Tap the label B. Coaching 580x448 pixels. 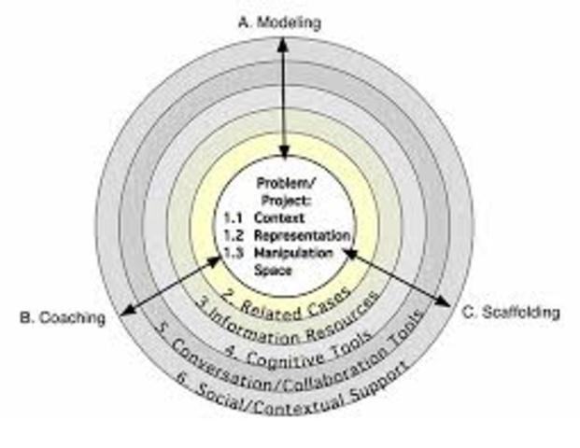pyautogui.click(x=63, y=319)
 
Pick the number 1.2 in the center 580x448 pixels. pyautogui.click(x=233, y=235)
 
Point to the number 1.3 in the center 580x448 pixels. pyautogui.click(x=233, y=252)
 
